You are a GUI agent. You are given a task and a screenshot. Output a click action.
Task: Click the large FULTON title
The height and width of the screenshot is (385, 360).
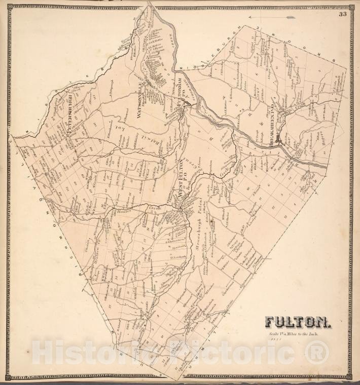[298, 322]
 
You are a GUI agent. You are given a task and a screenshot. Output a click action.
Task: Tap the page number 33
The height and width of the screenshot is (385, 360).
[343, 14]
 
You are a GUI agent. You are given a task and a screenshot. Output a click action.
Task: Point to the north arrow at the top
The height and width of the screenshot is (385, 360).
[278, 17]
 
